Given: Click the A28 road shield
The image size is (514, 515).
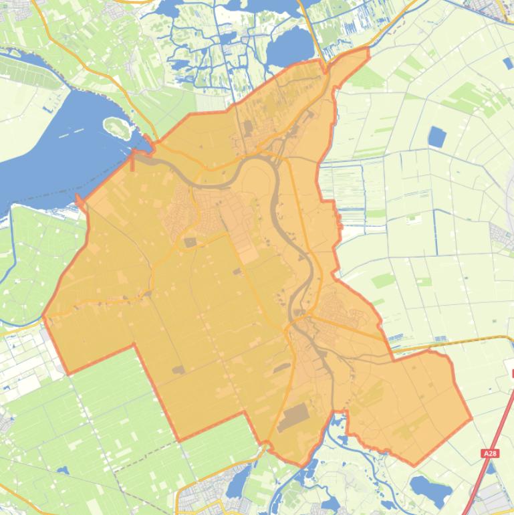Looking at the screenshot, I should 490,453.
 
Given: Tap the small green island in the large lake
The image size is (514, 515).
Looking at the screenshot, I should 116,126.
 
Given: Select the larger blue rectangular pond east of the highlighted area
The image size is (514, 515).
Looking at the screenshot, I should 436,137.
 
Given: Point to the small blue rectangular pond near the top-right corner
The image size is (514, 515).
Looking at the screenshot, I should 507,63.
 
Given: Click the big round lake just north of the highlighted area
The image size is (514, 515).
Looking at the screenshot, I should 289,47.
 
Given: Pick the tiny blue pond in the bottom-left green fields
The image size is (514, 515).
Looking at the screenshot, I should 63,470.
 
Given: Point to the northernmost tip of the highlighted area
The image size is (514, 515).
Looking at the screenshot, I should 367,49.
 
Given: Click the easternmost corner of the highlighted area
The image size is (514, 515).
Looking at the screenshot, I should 471,419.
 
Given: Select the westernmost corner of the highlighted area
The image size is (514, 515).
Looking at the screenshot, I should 44,316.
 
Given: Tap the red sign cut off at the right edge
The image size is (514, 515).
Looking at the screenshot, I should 511,373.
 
